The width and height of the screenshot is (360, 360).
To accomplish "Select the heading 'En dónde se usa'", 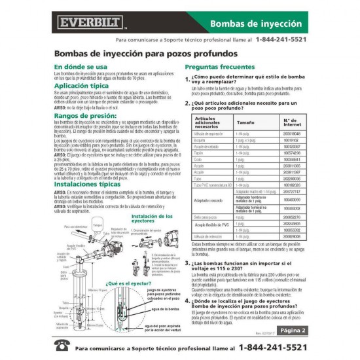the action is [81, 67].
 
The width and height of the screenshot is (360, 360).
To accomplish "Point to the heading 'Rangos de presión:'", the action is [85, 115].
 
